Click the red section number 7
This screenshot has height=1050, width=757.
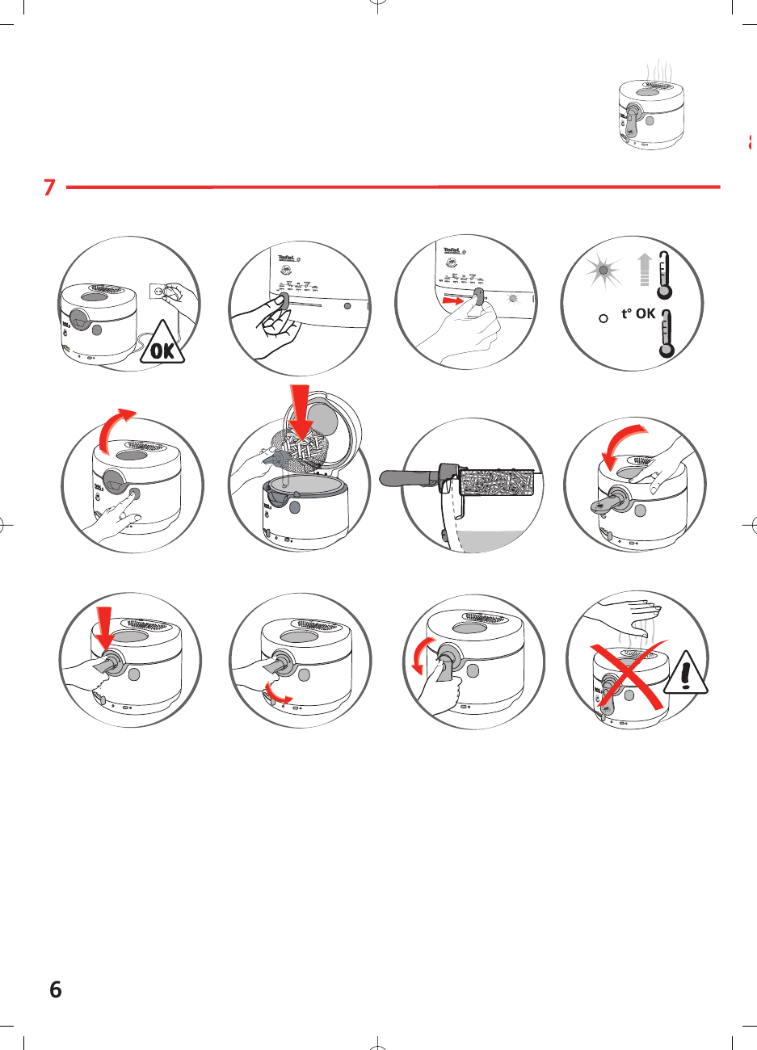pyautogui.click(x=49, y=187)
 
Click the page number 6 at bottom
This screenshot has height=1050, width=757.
pyautogui.click(x=55, y=989)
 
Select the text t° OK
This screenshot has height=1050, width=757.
pyautogui.click(x=637, y=313)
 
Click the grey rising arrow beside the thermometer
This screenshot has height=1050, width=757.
pyautogui.click(x=644, y=269)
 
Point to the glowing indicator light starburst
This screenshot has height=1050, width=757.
pyautogui.click(x=603, y=269)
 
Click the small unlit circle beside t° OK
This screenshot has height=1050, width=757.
pyautogui.click(x=603, y=318)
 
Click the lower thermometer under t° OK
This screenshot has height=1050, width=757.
pyautogui.click(x=667, y=333)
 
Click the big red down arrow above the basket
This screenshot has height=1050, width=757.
pyautogui.click(x=302, y=411)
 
